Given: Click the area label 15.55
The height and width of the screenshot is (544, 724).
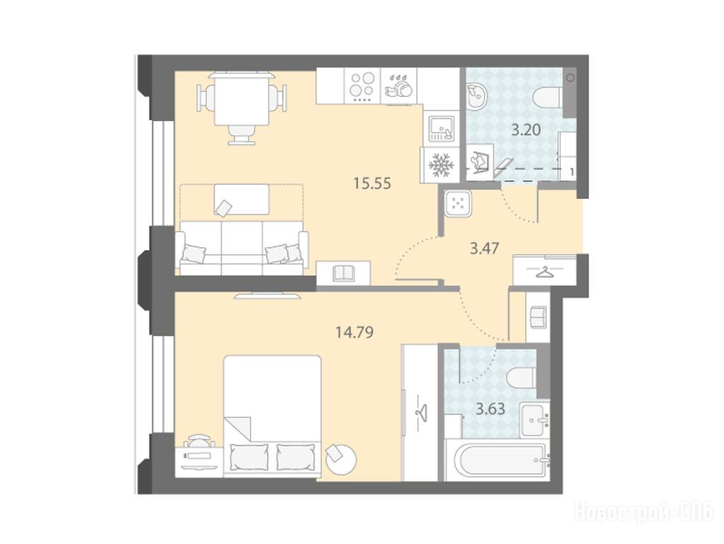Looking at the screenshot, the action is click(372, 183).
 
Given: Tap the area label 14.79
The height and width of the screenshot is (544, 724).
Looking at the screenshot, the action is click(355, 331).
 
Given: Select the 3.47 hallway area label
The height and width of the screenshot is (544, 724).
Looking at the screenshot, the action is click(484, 249).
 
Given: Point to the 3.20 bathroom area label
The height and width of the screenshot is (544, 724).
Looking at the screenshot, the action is click(526, 130).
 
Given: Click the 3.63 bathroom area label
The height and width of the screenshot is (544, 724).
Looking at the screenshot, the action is click(490, 409).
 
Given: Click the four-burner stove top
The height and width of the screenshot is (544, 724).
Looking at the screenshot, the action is click(362, 86).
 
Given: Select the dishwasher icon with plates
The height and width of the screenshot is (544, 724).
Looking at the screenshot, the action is click(398, 86).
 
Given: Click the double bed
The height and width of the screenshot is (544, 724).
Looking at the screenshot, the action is click(272, 416).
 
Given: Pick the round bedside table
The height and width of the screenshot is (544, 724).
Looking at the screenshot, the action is click(340, 458).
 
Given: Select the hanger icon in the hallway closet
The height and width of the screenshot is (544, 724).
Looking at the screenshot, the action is click(545, 272).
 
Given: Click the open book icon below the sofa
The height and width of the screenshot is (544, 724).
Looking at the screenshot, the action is click(343, 273).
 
